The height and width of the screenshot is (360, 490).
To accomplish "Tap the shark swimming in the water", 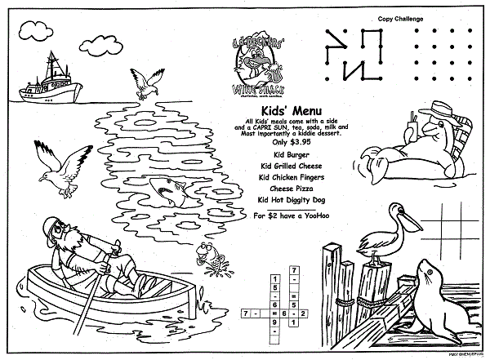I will (x=173, y=189).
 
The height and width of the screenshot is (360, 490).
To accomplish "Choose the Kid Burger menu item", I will (x=283, y=152).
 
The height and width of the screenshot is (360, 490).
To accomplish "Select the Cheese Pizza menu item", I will (x=283, y=187).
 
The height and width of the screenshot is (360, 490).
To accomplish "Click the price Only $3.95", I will (x=284, y=141).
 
